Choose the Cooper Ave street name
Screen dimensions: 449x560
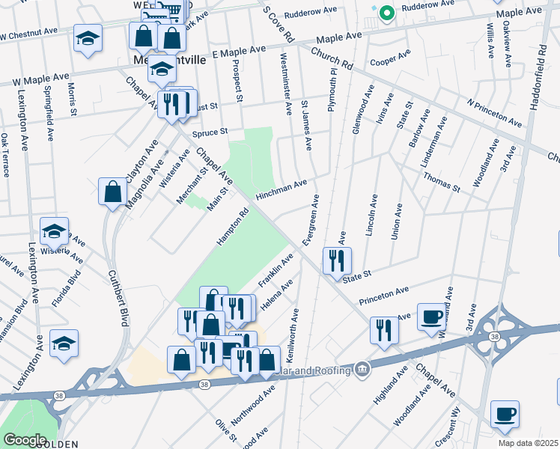click(x=391, y=58)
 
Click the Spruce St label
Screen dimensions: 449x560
click(x=210, y=132)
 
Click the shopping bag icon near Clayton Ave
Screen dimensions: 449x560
click(x=112, y=191)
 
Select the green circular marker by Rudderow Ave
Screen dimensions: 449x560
click(x=386, y=13)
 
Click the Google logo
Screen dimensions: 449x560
click(x=24, y=439)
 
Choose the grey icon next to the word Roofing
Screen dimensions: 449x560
click(x=363, y=368)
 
